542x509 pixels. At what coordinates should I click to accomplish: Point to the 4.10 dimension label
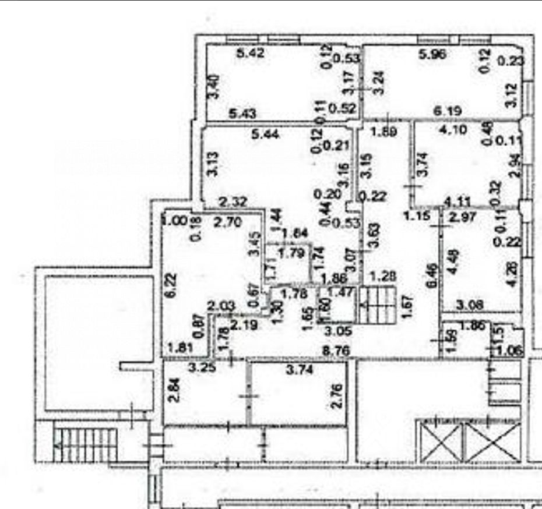tap(454, 130)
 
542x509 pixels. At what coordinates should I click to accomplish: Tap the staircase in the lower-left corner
tap(81, 443)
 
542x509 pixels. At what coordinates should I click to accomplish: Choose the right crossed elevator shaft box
tap(493, 441)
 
